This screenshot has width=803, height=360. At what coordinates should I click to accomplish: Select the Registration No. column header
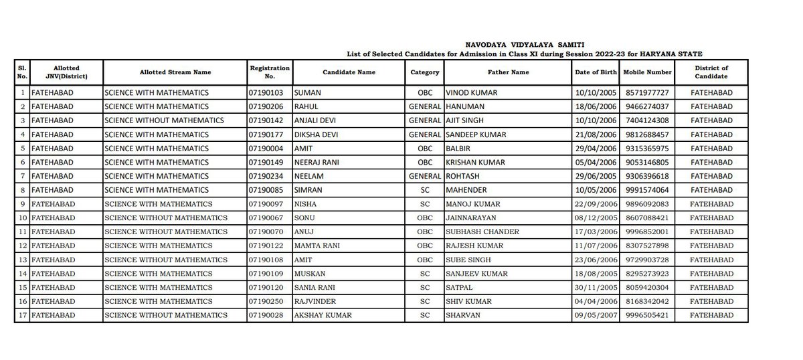[x=270, y=72]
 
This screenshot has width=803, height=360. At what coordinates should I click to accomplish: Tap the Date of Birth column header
[x=596, y=72]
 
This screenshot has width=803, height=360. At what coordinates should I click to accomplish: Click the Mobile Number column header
[x=646, y=72]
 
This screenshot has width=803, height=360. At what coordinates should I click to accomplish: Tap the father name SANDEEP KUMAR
[x=474, y=134]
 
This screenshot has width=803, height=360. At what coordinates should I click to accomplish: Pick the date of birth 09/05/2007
[x=596, y=315]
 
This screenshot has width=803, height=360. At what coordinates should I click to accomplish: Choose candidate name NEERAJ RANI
[x=317, y=162]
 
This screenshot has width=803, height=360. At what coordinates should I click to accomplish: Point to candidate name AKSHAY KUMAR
[x=321, y=315]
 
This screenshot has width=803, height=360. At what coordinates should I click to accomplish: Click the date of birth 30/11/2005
[x=596, y=287]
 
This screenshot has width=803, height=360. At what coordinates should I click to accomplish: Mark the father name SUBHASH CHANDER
[x=478, y=232]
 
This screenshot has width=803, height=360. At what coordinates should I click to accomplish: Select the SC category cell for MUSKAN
[x=424, y=273]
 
